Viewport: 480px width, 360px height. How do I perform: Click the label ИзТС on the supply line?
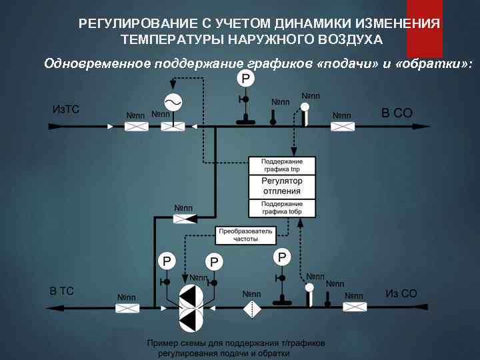[65, 109]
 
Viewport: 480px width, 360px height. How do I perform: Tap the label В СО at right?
[397, 113]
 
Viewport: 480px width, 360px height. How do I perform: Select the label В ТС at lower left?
[62, 291]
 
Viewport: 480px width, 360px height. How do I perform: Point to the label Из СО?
[401, 293]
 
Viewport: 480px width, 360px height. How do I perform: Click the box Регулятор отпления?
[282, 186]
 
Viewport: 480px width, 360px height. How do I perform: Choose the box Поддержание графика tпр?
[282, 165]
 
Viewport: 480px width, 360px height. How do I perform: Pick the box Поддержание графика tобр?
[282, 207]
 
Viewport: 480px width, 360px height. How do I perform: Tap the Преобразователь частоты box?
[245, 235]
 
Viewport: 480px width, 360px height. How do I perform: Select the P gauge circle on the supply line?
[245, 79]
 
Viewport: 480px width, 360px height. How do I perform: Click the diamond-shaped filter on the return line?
[251, 309]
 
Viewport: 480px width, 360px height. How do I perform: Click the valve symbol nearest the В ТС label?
[128, 308]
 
